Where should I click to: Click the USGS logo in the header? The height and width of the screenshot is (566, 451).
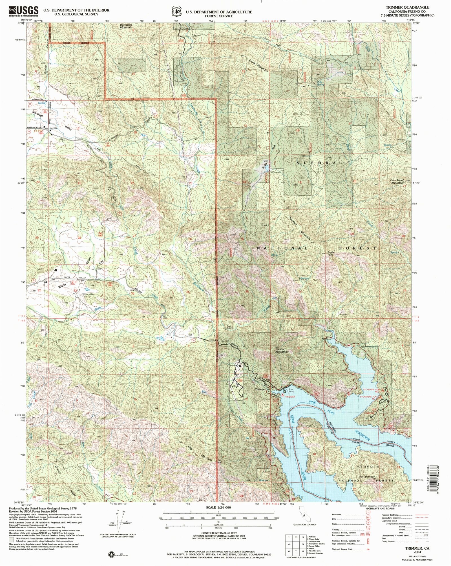tap(24, 11)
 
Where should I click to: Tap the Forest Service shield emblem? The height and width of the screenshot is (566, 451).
tap(177, 12)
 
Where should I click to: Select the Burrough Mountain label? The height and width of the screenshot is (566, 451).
tap(126, 26)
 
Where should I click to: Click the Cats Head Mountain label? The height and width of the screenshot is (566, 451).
tap(397, 182)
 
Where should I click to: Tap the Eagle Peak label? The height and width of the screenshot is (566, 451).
tap(330, 254)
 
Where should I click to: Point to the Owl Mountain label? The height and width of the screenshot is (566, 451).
tap(367, 476)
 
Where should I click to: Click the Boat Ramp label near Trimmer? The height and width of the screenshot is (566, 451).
tap(291, 391)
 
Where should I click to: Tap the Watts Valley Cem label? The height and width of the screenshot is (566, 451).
tap(88, 295)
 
